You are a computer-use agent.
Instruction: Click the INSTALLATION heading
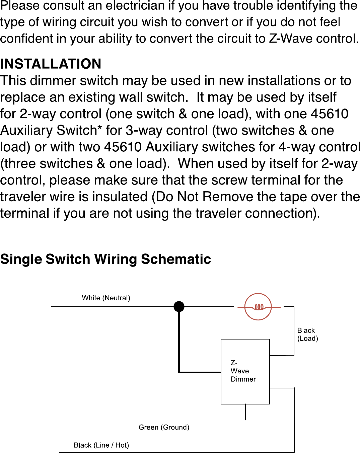51,64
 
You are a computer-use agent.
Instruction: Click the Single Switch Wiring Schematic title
105,259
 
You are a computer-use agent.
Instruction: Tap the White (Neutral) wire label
106,298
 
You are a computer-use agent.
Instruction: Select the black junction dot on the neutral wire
179,306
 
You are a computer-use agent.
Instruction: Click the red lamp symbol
258,307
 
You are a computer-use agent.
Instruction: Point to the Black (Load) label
307,334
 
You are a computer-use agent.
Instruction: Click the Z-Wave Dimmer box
245,371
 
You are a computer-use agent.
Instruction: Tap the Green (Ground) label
164,427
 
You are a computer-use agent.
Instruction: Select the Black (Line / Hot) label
101,445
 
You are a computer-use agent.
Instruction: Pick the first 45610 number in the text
330,114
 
